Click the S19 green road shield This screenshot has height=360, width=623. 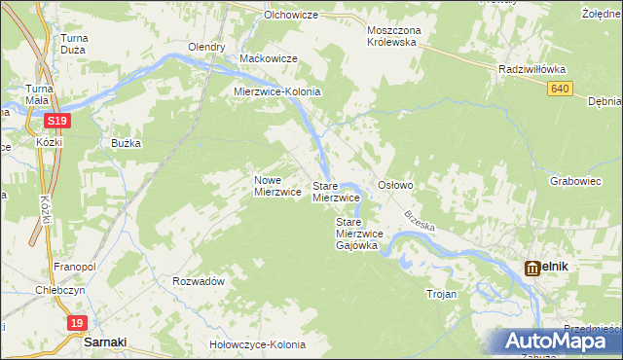coord(57,121)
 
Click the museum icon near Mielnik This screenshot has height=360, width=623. coord(532,268)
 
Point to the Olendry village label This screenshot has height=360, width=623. coord(206,47)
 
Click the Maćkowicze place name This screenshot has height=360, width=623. coord(268,59)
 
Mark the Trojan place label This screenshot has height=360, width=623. coord(441,292)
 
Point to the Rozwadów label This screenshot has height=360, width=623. coord(199,280)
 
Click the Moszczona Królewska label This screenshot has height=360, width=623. coord(391,36)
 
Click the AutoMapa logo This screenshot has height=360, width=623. coord(561,342)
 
